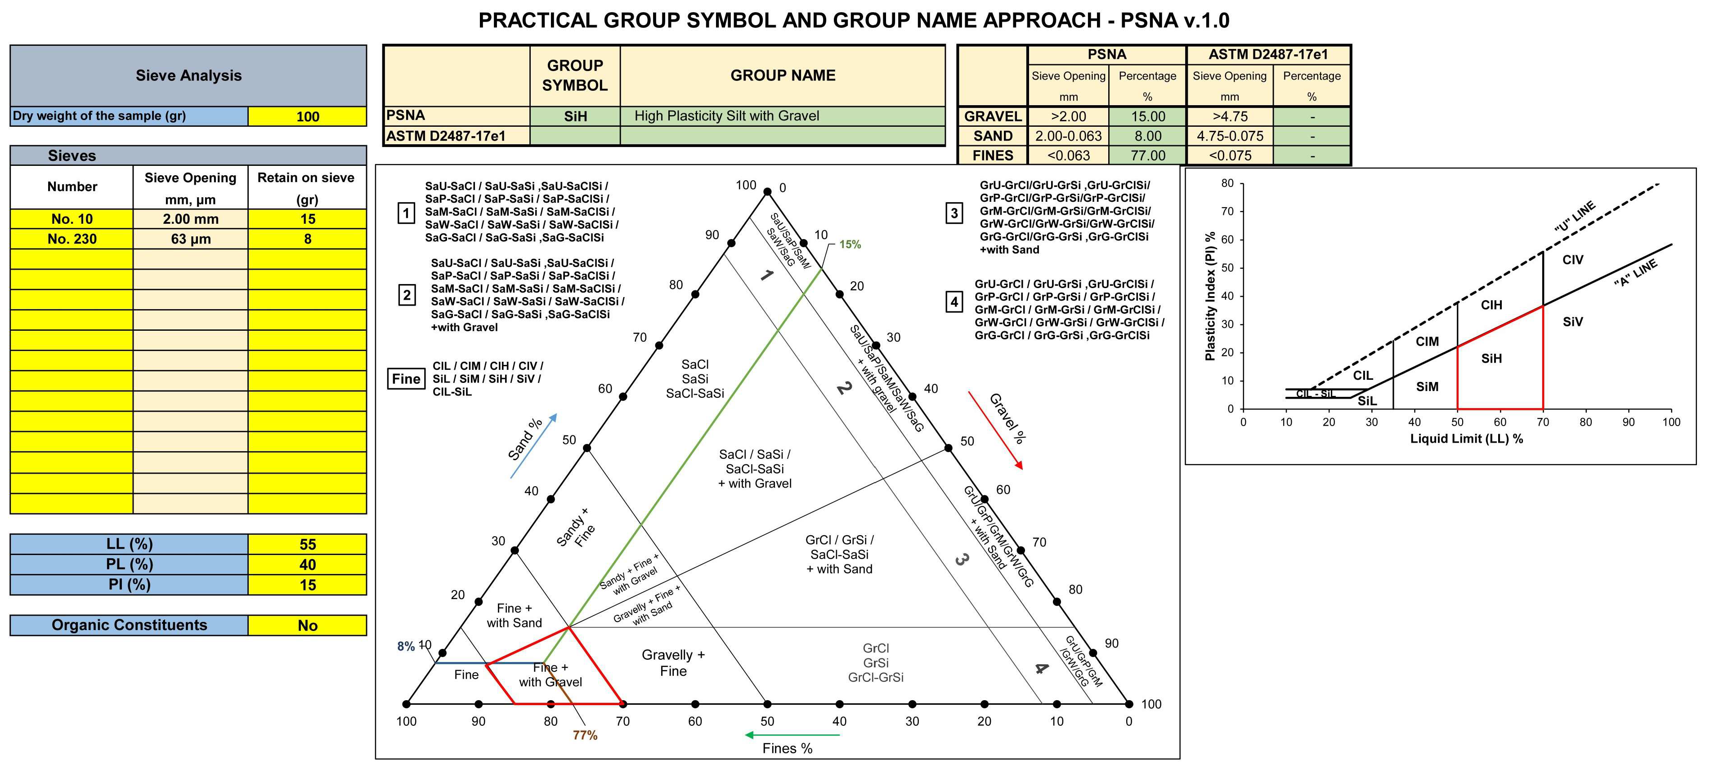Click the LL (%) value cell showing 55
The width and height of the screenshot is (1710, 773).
click(307, 544)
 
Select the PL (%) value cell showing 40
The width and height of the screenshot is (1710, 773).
click(307, 564)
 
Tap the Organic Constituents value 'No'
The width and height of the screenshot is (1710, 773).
click(307, 625)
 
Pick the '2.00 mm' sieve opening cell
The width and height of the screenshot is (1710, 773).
click(191, 219)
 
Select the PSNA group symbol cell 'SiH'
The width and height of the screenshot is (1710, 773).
click(575, 116)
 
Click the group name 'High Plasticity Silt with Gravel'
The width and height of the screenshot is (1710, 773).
click(726, 116)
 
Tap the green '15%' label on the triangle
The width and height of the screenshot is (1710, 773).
click(850, 244)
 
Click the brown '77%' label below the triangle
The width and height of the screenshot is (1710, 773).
click(585, 735)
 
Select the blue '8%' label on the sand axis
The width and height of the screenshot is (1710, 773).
click(406, 646)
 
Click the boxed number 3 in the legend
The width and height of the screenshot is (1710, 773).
click(954, 213)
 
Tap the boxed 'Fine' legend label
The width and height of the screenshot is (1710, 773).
click(406, 379)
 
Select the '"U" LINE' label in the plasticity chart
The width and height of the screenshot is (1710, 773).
click(1574, 216)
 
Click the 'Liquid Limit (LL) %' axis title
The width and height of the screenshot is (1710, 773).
click(1466, 439)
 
